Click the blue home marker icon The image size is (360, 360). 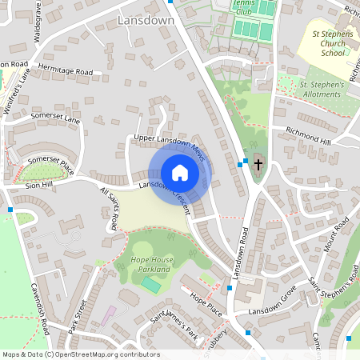[x=180, y=173]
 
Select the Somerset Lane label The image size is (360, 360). [x=56, y=119]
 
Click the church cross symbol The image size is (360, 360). [x=258, y=165]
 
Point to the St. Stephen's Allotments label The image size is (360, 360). [x=322, y=89]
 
